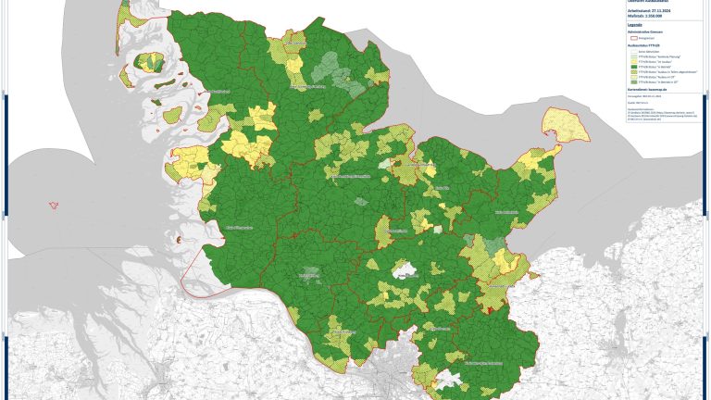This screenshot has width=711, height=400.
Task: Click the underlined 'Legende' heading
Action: coord(634,25)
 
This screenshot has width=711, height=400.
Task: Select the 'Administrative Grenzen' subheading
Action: coord(645,32)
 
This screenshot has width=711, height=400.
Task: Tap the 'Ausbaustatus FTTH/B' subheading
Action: coord(644,45)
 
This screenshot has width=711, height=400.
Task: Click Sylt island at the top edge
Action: coord(124,13)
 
